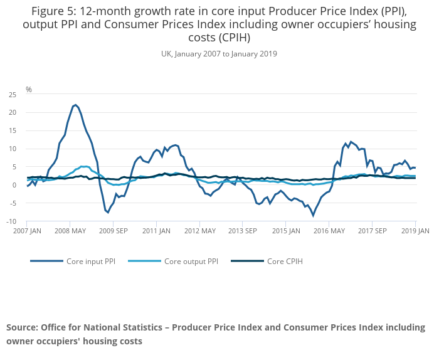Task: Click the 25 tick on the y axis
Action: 12,95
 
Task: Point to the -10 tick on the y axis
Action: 11,221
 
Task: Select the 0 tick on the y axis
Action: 14,185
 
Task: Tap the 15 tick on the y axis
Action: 12,131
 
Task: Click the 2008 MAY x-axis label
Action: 70,231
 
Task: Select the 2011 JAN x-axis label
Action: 156,231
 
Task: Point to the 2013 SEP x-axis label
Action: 243,231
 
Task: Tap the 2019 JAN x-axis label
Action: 415,231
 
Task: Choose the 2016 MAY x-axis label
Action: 329,231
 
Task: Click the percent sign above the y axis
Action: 29,90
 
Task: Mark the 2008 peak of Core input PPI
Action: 75,105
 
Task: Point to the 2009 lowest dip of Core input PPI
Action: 108,213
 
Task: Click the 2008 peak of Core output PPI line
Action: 83,166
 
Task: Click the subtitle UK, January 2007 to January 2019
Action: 219,54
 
